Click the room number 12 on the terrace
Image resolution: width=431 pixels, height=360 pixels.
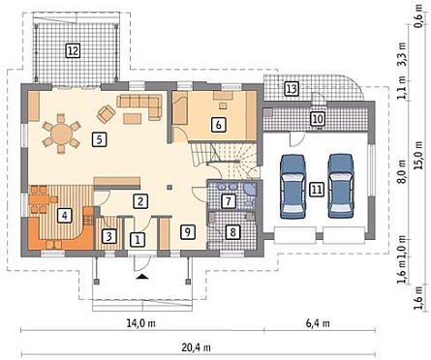pos(73,50)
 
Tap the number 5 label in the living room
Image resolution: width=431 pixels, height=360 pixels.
pos(99,139)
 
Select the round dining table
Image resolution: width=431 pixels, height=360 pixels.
pos(61,134)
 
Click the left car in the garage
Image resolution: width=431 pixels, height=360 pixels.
pos(292,187)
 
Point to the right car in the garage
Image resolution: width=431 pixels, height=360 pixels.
pos(341,186)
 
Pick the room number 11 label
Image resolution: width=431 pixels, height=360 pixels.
pos(317,190)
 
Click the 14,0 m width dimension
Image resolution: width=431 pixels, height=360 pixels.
pos(140,323)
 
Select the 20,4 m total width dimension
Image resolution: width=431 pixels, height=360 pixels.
pos(197,347)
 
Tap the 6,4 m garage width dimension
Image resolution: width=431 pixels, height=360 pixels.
pos(318,323)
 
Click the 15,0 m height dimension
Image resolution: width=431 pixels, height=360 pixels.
pos(418,156)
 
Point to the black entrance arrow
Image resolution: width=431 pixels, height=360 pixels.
pos(141,277)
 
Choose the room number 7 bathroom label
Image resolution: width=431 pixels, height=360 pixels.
pos(229,201)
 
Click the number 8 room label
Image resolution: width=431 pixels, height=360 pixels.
pos(233,231)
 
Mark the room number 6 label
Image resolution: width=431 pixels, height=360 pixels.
pos(219,125)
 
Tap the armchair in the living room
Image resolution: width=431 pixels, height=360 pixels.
pos(107,114)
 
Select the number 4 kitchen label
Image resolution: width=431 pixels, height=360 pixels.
pos(65,215)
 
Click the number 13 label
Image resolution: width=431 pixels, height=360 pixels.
pos(292,88)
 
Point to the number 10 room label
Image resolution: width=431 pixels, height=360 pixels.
pos(318,119)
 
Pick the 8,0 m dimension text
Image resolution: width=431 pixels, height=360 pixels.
pos(402,175)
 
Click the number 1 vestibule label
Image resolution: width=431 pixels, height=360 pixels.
pos(138,240)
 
